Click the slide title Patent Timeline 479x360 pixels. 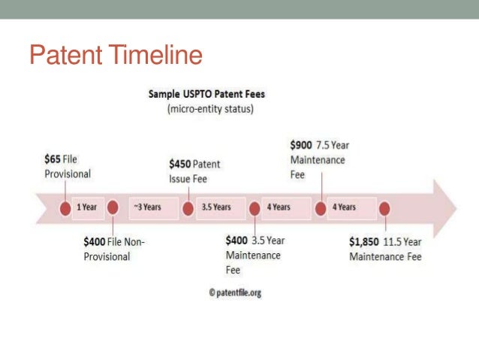pyautogui.click(x=116, y=56)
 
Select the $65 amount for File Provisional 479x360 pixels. pyautogui.click(x=53, y=160)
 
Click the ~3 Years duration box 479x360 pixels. pyautogui.click(x=149, y=207)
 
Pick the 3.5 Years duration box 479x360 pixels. pyautogui.click(x=216, y=207)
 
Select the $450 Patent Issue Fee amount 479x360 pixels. pyautogui.click(x=180, y=164)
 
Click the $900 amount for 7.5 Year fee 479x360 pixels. pyautogui.click(x=301, y=144)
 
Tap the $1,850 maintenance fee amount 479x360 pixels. pyautogui.click(x=364, y=242)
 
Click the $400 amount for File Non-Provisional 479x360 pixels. pyautogui.click(x=95, y=242)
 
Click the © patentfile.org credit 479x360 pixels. pyautogui.click(x=235, y=293)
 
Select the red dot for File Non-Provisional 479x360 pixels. pyautogui.click(x=113, y=207)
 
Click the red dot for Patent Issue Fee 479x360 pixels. pyautogui.click(x=188, y=207)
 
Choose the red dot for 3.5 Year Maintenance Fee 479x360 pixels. pyautogui.click(x=255, y=207)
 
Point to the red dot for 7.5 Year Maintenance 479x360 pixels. pyautogui.click(x=321, y=207)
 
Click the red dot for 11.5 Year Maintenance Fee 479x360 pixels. pyautogui.click(x=385, y=207)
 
